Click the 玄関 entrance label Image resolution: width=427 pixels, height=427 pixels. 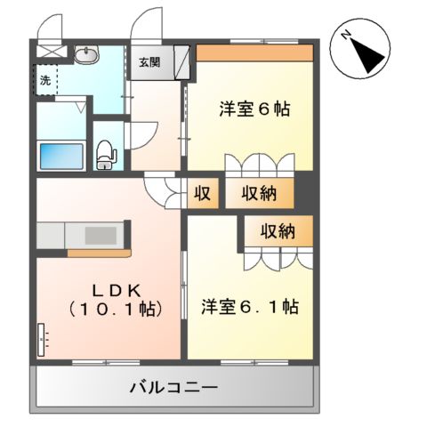point(149,62)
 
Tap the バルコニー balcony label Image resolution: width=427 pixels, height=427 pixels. point(173,388)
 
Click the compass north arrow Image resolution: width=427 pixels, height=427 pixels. point(365,51)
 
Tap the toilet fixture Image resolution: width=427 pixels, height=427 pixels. point(105,153)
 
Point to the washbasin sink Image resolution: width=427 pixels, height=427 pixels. point(87,55)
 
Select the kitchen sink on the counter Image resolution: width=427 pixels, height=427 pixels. point(106,238)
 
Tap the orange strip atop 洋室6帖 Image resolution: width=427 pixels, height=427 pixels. point(254,52)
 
